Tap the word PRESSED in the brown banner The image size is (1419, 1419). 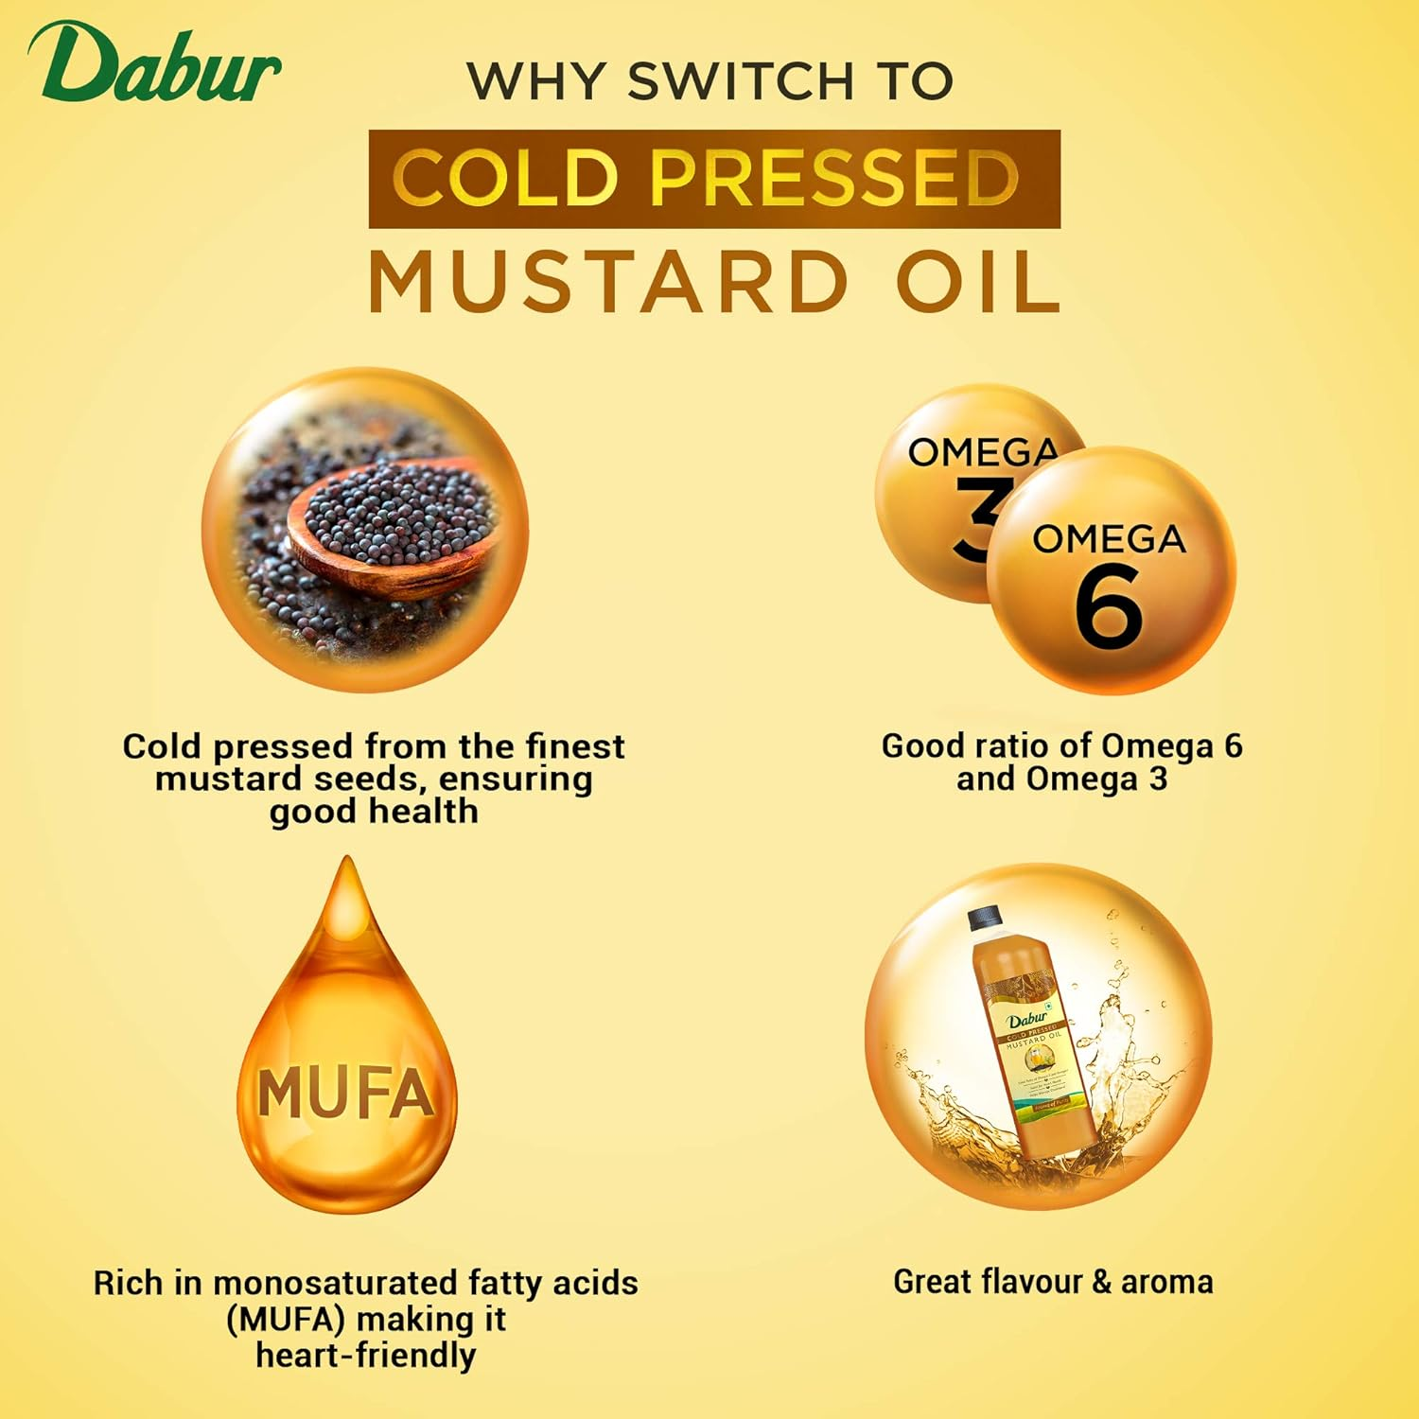coord(833,177)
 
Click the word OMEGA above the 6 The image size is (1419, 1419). coord(1109,539)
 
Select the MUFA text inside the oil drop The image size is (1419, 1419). coord(345,1094)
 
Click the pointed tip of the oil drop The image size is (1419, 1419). coord(348,863)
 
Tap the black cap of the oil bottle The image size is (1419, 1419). coord(984,916)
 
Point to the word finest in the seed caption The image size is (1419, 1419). coord(575,746)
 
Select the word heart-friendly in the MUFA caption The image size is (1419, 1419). coord(365,1355)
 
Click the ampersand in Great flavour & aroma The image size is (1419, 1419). coord(1100,1282)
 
